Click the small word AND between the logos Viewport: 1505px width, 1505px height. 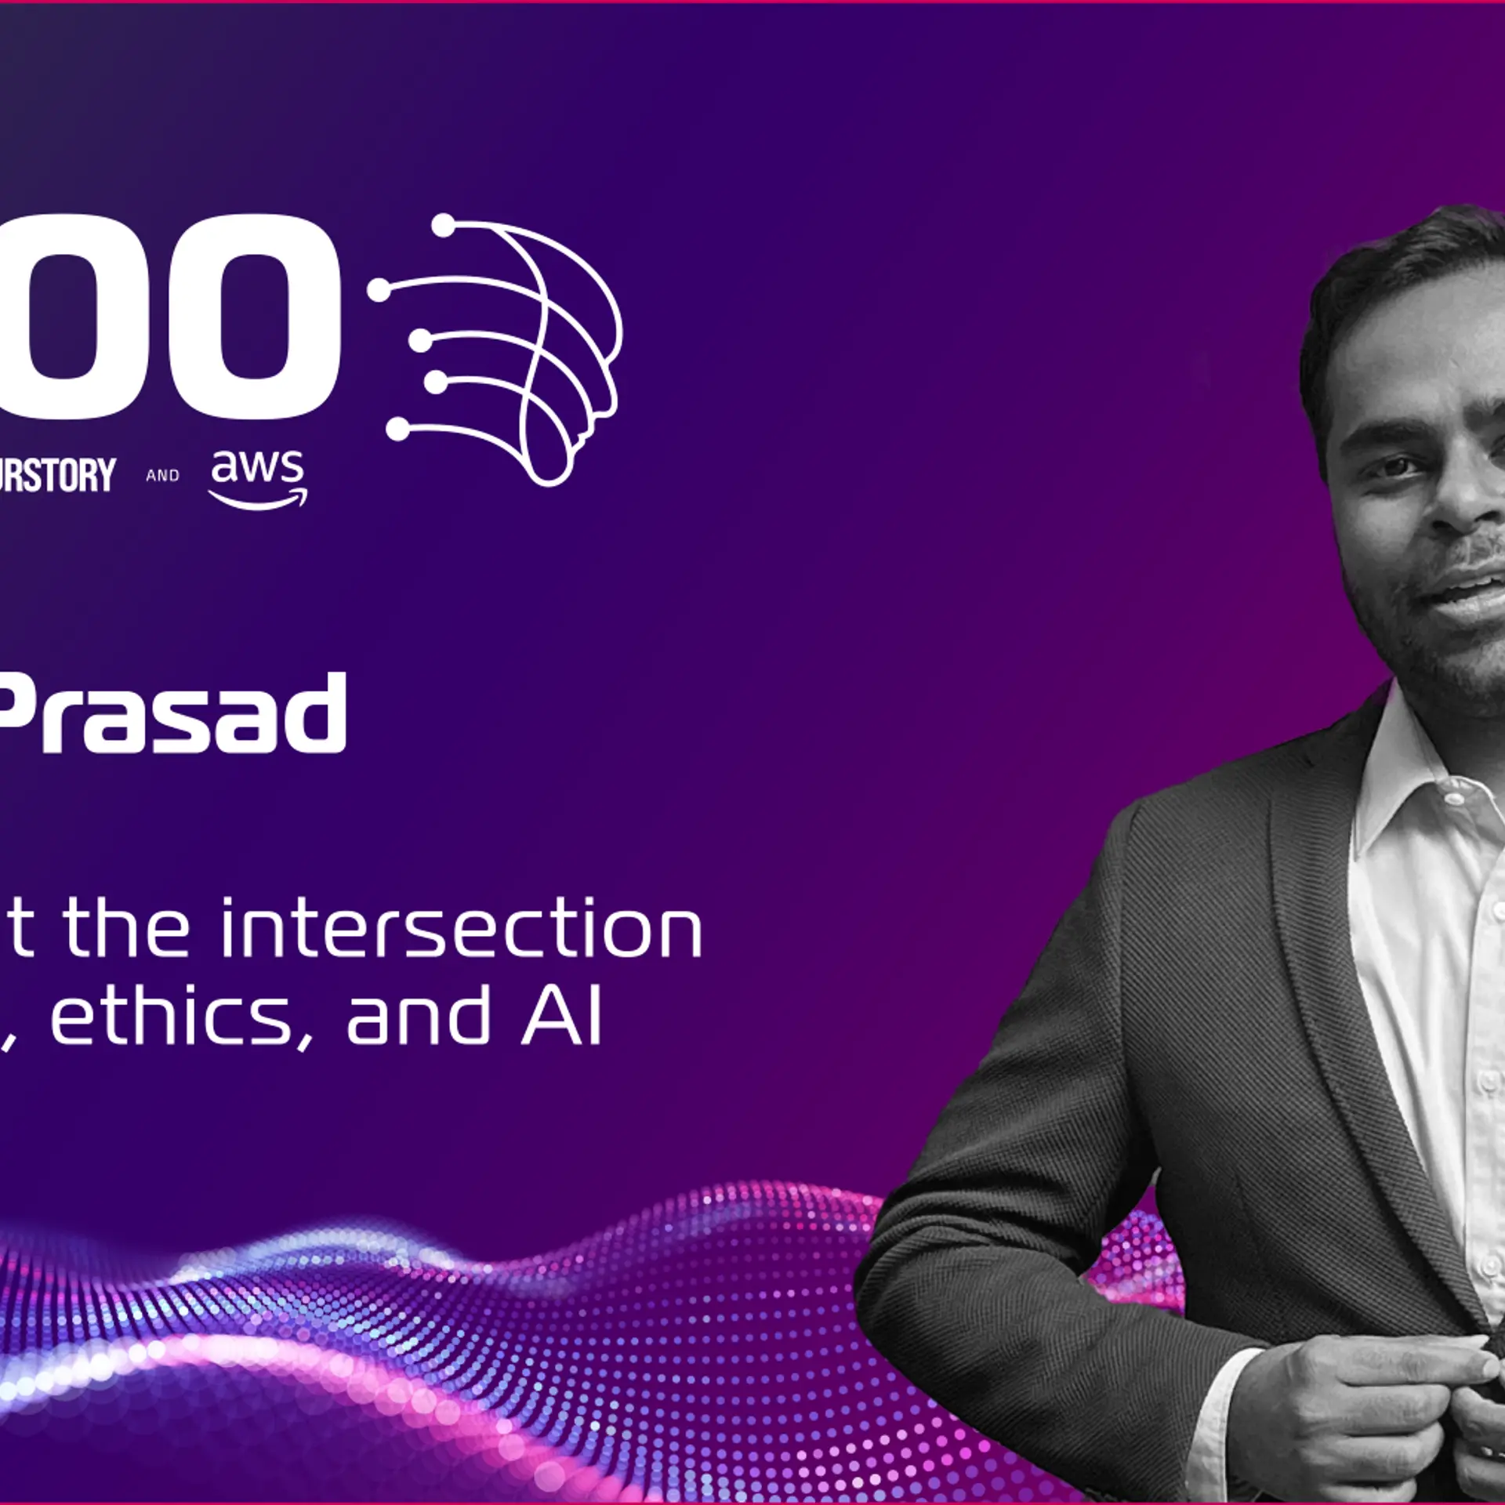click(x=162, y=476)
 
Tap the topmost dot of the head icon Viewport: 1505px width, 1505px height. click(x=443, y=226)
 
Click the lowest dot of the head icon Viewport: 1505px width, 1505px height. click(x=398, y=429)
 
